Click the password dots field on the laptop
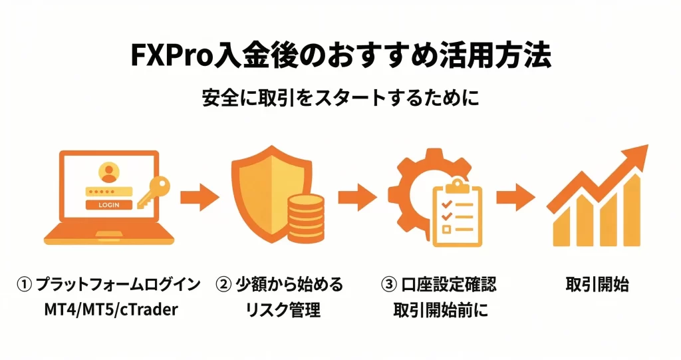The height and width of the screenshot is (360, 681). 107,191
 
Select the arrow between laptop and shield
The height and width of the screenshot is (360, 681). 200,197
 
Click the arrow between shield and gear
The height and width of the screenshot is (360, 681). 357,197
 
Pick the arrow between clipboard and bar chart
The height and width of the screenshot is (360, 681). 515,197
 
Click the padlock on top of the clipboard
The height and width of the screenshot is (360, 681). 456,182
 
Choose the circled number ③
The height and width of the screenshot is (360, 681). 389,285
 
